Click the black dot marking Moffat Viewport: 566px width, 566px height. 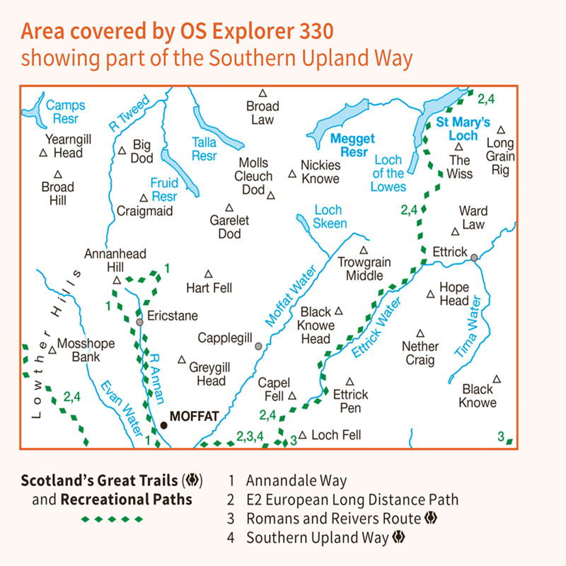(x=164, y=425)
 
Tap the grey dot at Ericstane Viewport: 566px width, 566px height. (x=140, y=322)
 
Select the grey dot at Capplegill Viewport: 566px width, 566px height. (x=259, y=346)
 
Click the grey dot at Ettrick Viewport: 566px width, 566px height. (x=475, y=258)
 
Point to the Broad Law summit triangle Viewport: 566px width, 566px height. (x=262, y=93)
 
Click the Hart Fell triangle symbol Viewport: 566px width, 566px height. (x=209, y=274)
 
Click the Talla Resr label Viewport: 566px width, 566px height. (x=204, y=149)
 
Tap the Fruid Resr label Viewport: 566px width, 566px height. (x=164, y=190)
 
